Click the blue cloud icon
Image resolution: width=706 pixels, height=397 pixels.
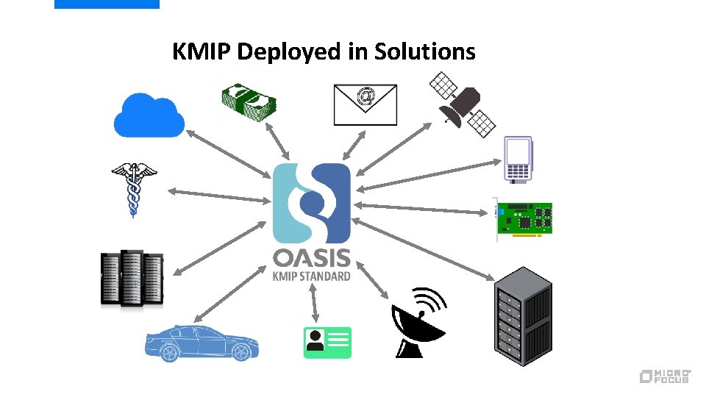[149, 115]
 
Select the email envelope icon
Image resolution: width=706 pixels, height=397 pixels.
[365, 104]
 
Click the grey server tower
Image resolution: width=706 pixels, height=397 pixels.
[521, 318]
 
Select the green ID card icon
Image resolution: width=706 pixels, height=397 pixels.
[327, 342]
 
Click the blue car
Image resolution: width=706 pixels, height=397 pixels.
[201, 342]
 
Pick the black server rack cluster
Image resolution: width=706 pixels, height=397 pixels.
[132, 279]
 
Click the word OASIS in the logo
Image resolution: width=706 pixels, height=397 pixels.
[312, 259]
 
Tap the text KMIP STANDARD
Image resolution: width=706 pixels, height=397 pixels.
[312, 276]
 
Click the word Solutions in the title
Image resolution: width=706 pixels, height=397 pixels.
[424, 51]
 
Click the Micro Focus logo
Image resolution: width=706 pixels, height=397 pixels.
[665, 376]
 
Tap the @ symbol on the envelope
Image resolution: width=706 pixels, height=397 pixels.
[365, 96]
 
